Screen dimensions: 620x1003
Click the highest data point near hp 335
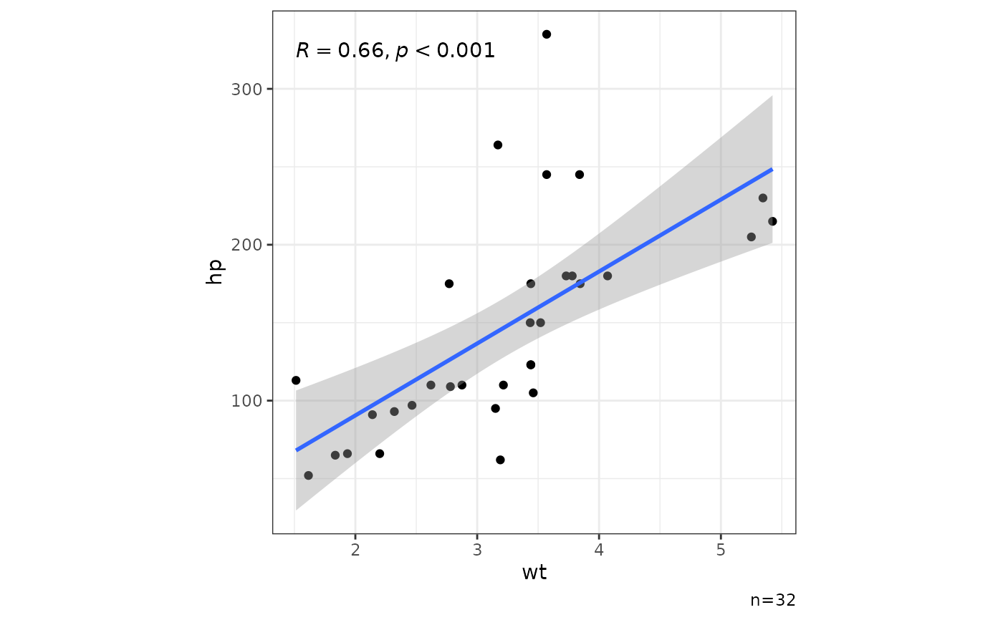tap(547, 34)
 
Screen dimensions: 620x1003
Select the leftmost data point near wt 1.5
tap(296, 380)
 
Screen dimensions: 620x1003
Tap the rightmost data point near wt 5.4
tap(772, 221)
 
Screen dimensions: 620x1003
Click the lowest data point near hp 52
tap(308, 475)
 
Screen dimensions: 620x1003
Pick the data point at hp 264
tap(498, 145)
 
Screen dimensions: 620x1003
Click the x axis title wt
tap(534, 572)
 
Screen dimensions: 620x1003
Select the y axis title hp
tap(215, 272)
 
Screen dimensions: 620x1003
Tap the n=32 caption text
tap(772, 600)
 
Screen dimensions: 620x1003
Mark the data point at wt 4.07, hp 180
tap(608, 276)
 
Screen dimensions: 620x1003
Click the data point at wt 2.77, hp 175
tap(449, 284)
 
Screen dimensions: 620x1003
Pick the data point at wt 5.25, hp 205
tap(752, 237)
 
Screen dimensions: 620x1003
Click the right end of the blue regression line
tap(772, 170)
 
